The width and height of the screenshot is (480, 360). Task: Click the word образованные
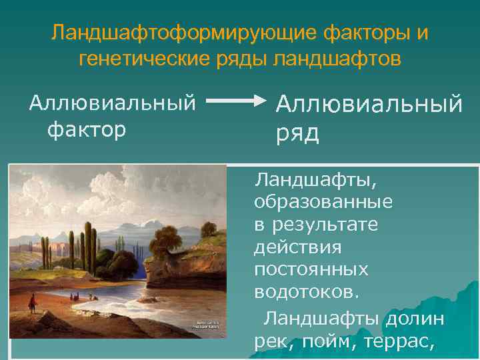pos(323,202)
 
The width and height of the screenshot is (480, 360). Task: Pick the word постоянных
pos(311,269)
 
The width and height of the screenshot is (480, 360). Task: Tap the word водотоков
pos(306,291)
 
